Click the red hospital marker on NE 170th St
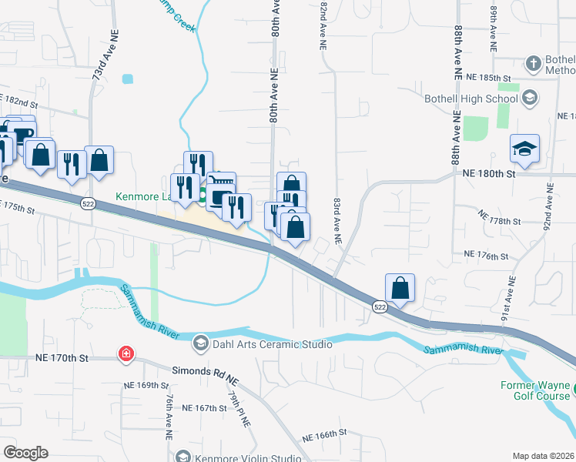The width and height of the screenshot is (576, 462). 125,355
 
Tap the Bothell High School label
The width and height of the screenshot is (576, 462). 471,99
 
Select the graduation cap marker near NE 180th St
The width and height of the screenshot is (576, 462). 524,149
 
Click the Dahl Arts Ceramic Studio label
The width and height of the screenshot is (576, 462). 264,343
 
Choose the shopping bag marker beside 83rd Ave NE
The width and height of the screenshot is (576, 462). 400,288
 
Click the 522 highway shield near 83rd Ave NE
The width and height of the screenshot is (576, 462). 380,306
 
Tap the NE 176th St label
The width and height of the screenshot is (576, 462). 487,254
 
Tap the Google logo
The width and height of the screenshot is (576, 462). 25,452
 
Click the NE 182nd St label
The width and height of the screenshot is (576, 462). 18,102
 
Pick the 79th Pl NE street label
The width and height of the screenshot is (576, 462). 235,402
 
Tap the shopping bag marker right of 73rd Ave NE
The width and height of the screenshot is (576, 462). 99,161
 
